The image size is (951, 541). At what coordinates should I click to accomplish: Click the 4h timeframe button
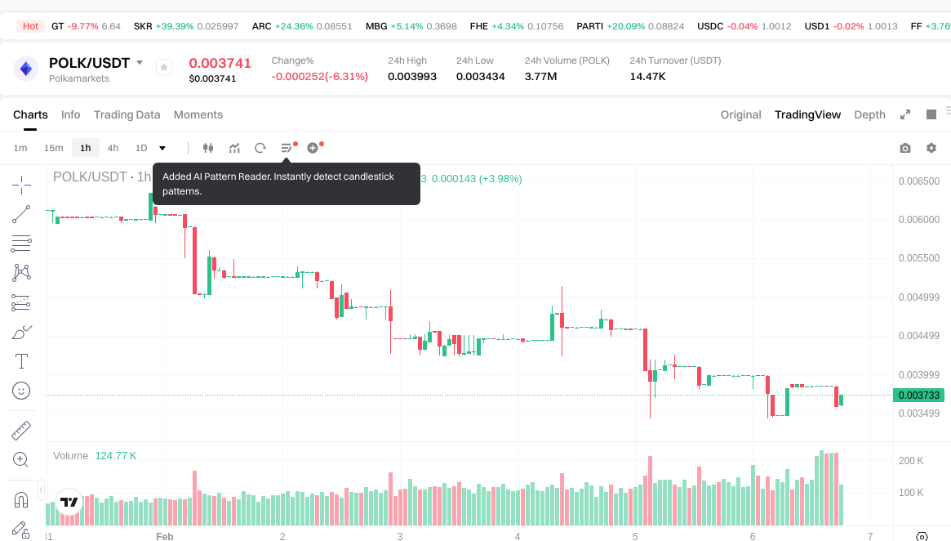pyautogui.click(x=113, y=148)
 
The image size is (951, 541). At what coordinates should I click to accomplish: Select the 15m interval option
pyautogui.click(x=53, y=148)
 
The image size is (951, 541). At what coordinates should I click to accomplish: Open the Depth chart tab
pyautogui.click(x=869, y=114)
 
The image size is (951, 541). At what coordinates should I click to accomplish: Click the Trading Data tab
pyautogui.click(x=127, y=114)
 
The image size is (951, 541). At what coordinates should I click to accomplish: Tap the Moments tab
pyautogui.click(x=198, y=114)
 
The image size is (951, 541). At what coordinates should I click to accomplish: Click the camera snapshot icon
pyautogui.click(x=904, y=148)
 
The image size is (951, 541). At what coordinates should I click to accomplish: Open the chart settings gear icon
pyautogui.click(x=931, y=148)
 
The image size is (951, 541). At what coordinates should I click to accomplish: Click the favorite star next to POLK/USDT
pyautogui.click(x=163, y=68)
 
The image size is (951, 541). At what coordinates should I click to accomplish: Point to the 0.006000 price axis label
pyautogui.click(x=918, y=220)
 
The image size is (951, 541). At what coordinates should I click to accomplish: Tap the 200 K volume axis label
pyautogui.click(x=911, y=461)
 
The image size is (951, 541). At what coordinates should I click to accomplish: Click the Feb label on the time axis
pyautogui.click(x=164, y=536)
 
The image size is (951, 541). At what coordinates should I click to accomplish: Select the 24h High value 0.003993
pyautogui.click(x=411, y=76)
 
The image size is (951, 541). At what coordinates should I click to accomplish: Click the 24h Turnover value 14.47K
pyautogui.click(x=647, y=76)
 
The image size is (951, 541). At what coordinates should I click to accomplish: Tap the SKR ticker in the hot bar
pyautogui.click(x=143, y=26)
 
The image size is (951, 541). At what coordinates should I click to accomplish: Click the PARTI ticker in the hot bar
pyautogui.click(x=589, y=26)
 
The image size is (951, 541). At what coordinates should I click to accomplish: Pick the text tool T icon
pyautogui.click(x=21, y=361)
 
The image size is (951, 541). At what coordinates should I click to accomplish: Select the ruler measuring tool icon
pyautogui.click(x=21, y=430)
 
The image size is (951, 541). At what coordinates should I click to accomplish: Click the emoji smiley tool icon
pyautogui.click(x=21, y=391)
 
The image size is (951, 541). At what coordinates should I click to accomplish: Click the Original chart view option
pyautogui.click(x=740, y=114)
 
